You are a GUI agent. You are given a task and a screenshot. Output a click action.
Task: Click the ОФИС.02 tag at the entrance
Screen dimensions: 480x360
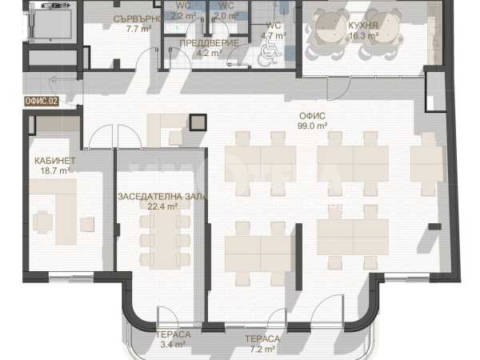coord(42,102)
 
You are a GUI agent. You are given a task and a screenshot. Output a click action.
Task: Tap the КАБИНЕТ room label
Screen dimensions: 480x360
coord(54,161)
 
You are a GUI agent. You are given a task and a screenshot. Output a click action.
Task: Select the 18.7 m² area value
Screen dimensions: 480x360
coord(55,170)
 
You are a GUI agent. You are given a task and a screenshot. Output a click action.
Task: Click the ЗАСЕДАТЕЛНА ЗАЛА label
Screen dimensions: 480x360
coord(162,197)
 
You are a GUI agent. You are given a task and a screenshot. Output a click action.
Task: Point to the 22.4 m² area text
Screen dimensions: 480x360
coord(162,206)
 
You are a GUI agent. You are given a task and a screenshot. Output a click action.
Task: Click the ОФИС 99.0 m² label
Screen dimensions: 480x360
coord(312,121)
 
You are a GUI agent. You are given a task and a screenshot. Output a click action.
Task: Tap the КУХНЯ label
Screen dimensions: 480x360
coord(363,26)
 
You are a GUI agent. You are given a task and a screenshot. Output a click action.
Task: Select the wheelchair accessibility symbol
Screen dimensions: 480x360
coord(270,54)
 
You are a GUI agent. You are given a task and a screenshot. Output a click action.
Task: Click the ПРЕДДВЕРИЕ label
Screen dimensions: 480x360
coord(209,43)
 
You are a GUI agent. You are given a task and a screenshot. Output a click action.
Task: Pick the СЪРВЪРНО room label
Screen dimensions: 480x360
coord(138,19)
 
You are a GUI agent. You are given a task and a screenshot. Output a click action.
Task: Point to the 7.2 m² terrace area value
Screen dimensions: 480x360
coord(262,349)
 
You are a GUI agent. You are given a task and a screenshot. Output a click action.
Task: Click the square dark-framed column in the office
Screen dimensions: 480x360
coord(198,122)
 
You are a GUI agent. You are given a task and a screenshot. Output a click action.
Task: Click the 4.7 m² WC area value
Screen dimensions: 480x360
coord(274,36)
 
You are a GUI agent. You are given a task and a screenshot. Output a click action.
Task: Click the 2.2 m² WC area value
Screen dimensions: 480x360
coord(183,16)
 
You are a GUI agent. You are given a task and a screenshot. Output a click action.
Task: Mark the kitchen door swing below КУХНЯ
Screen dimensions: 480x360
coord(339,88)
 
